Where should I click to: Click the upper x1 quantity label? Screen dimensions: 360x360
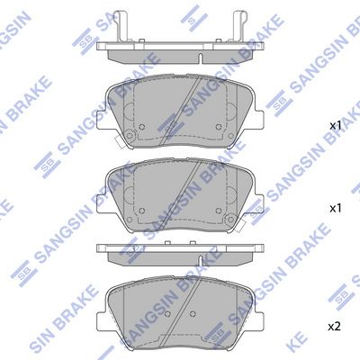(335, 127)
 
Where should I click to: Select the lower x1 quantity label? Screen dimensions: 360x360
(335, 207)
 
